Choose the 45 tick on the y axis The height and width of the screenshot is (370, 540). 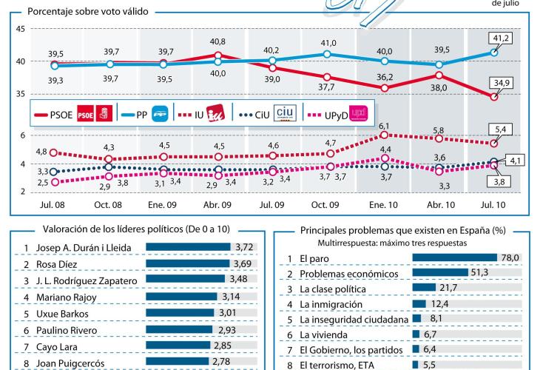coord(20,29)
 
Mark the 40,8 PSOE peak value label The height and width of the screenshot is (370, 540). coord(219,41)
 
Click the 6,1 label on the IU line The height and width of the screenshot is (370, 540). coord(385,127)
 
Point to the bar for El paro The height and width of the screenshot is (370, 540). coord(454,258)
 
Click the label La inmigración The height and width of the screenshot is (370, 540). coord(331,303)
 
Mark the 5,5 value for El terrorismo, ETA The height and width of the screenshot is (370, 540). coord(430,365)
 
